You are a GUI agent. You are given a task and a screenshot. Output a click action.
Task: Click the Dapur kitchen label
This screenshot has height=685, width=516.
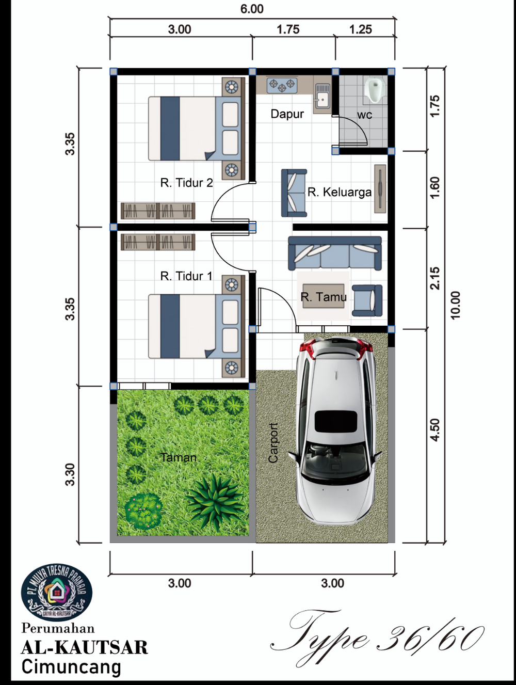pos(287,114)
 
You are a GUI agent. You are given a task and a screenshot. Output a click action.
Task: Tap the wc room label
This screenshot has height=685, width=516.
pos(364,115)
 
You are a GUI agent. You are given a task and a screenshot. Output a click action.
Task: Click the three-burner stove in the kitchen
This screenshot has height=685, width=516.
pos(282,85)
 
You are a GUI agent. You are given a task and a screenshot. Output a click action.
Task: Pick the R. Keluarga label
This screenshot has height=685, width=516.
pos(340,192)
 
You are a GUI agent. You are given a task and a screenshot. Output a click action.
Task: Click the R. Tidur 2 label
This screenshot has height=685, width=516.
pos(187,183)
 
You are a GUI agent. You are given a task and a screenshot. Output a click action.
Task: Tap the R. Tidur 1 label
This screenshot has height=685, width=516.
pos(186,276)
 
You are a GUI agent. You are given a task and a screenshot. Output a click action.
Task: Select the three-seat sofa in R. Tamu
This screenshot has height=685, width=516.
pos(335,253)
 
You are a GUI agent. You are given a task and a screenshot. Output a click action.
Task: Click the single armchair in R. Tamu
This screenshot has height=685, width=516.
pos(367,300)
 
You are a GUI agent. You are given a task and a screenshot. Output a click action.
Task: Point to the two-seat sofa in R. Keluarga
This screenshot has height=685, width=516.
pos(294,193)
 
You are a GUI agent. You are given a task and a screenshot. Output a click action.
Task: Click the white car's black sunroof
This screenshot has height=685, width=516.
pos(336,421)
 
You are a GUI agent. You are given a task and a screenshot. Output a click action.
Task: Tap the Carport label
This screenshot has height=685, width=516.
pos(273,442)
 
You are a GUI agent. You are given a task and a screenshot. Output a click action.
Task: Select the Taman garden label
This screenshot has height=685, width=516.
pos(179,457)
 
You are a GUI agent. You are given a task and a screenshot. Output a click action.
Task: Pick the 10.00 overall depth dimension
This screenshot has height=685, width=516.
pos(456,305)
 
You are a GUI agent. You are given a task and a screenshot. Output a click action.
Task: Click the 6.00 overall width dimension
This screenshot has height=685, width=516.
pos(252,9)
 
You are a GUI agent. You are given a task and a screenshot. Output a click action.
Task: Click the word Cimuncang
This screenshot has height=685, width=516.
pos(71,667)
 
